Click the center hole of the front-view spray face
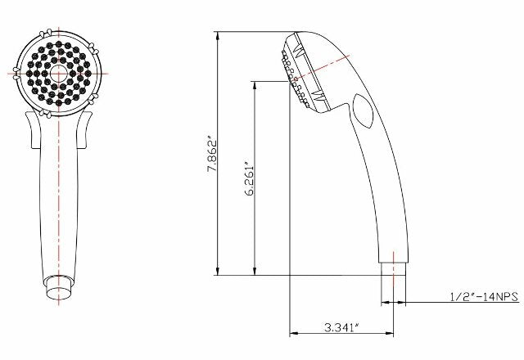[x=59, y=73]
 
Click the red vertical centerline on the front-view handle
[x=59, y=205]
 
